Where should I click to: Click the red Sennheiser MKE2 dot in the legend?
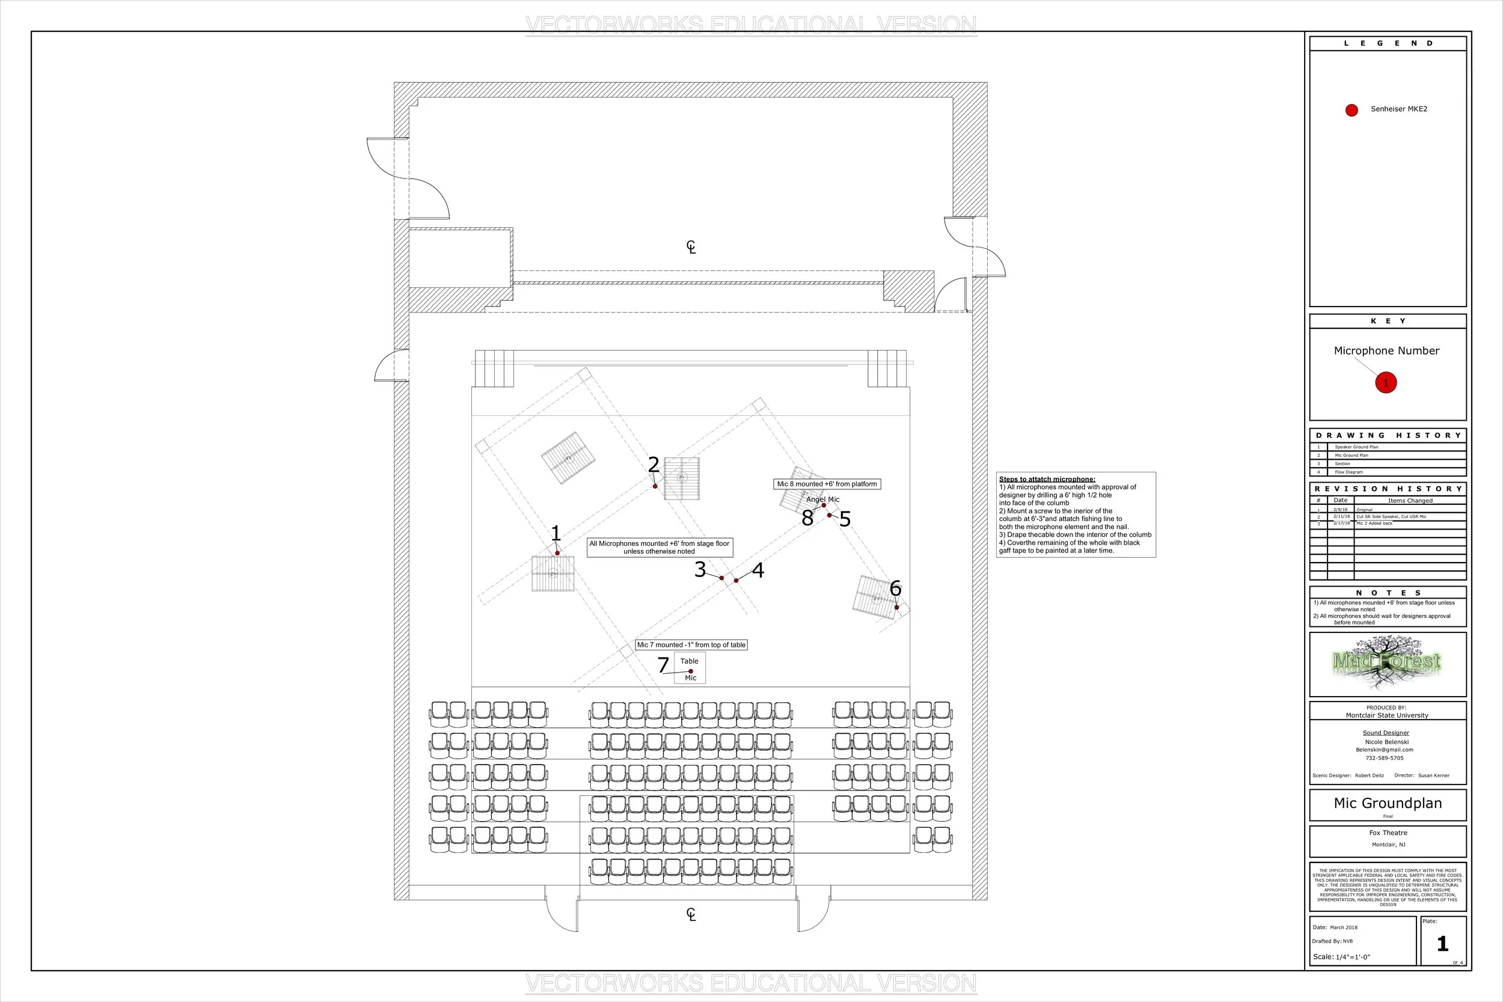point(1351,110)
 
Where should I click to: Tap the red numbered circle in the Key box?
point(1386,383)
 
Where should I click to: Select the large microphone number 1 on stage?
point(556,533)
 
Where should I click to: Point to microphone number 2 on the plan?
point(653,465)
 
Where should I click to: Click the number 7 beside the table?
point(663,665)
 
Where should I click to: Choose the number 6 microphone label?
point(895,588)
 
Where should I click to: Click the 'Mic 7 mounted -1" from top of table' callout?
point(691,645)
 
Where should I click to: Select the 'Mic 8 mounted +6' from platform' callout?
point(827,484)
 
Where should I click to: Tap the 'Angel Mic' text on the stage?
point(823,499)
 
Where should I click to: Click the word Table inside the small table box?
point(689,661)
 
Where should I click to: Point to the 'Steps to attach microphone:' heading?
point(1047,479)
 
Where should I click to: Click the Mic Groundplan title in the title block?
point(1388,803)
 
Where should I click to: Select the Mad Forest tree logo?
point(1387,662)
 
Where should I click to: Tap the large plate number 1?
point(1442,944)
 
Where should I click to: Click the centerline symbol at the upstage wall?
point(691,246)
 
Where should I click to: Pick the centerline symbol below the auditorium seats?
point(691,914)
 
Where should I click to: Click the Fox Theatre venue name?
point(1388,832)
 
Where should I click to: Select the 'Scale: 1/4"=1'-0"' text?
point(1341,957)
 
